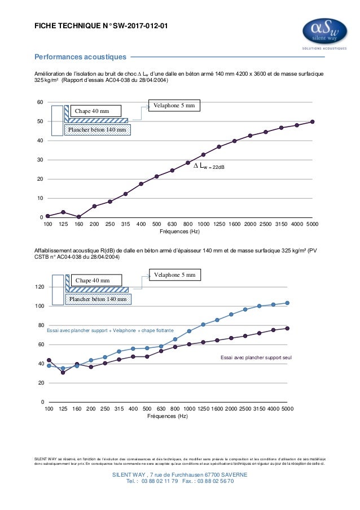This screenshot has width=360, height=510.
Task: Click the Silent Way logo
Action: [x=324, y=33]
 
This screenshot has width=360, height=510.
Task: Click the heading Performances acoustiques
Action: [x=80, y=57]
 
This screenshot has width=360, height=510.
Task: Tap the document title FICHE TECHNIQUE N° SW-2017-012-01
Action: [x=101, y=25]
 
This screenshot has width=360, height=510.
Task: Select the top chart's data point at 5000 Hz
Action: [x=312, y=121]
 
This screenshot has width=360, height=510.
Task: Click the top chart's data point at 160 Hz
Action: [x=78, y=217]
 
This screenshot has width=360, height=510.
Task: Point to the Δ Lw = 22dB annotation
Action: [x=209, y=166]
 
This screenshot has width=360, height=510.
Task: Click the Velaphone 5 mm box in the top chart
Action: [x=174, y=106]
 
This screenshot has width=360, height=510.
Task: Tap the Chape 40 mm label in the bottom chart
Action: [x=93, y=280]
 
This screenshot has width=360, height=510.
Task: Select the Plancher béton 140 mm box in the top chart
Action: [x=98, y=130]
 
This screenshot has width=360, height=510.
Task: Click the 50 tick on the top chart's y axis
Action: [x=40, y=121]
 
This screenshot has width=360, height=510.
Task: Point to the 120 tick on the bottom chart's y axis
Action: [x=39, y=287]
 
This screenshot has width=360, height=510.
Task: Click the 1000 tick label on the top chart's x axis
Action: [x=203, y=224]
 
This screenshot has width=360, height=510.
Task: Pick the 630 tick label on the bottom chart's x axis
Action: [x=161, y=409]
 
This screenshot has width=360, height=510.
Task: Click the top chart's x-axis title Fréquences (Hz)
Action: [x=179, y=232]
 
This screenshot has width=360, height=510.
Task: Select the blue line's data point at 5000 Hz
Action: [x=287, y=303]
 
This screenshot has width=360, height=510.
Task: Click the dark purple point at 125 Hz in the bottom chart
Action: [x=63, y=372]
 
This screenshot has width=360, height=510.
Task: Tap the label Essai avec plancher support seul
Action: [x=256, y=358]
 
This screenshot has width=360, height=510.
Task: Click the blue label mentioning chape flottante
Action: [x=110, y=330]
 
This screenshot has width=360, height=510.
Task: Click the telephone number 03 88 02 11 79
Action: [x=160, y=481]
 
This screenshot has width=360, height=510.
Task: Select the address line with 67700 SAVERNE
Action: [x=179, y=475]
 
